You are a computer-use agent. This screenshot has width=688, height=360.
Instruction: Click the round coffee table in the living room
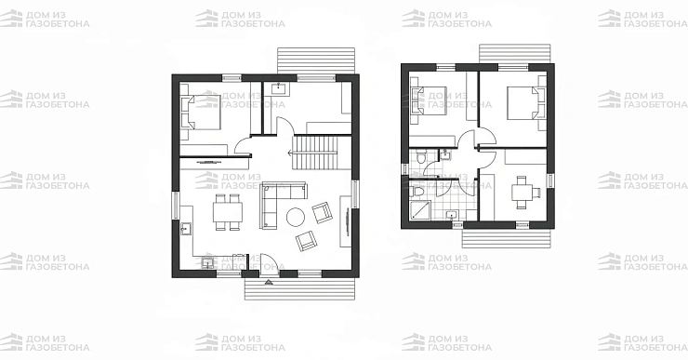click(296, 217)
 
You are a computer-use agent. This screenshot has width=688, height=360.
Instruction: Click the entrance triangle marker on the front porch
click(269, 282)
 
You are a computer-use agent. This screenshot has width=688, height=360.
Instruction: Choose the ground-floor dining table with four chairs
click(228, 212)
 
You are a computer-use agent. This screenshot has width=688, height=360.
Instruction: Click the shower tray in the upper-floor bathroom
click(420, 210)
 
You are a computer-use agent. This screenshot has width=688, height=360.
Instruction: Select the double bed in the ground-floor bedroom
click(201, 113)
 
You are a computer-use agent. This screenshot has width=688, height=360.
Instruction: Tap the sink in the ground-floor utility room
click(279, 88)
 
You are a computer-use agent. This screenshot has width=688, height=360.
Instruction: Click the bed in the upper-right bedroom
click(525, 103)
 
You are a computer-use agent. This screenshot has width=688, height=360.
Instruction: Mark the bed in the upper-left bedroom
click(430, 100)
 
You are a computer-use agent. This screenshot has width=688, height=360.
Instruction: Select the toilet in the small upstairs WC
click(420, 156)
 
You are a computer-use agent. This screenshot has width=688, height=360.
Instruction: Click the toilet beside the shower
click(416, 191)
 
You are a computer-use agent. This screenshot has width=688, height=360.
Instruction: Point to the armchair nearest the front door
click(306, 241)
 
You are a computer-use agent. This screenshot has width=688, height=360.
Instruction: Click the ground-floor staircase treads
click(315, 153)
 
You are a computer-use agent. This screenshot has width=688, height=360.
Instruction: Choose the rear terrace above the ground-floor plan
click(316, 60)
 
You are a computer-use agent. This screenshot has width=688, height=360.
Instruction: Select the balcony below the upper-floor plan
click(506, 238)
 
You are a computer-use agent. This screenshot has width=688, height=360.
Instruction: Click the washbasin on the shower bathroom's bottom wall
click(451, 215)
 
